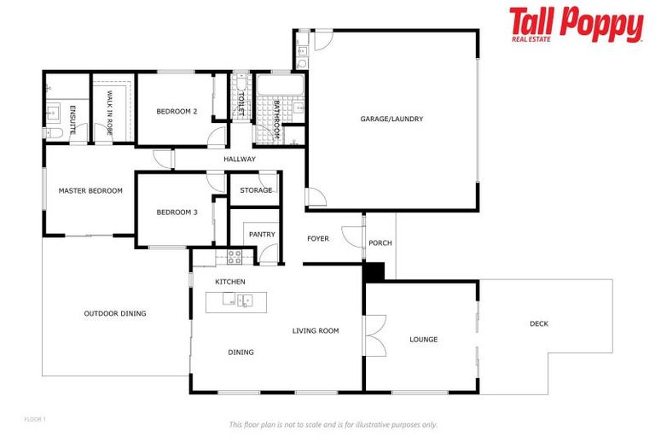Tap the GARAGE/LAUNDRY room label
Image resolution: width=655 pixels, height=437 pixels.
pos(391,119)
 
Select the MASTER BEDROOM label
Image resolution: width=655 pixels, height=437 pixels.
pos(90,190)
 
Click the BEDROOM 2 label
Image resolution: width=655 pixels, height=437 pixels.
pos(177,112)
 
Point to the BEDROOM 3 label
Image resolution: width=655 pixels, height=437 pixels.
pos(177,213)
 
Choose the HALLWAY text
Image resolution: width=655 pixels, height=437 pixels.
pos(240,160)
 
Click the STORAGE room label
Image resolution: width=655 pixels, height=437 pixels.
pos(256,190)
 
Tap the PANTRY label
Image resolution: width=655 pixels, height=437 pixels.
pos(261,234)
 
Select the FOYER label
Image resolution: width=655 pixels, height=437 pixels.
pos(318,239)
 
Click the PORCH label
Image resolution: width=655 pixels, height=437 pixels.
pos(380,243)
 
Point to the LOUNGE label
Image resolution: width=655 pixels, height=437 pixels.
pos(423,340)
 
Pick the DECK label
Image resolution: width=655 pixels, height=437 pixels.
pos(539,323)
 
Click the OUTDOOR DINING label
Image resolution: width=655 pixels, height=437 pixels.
pos(115,313)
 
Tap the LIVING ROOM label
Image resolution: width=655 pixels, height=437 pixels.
pos(316,330)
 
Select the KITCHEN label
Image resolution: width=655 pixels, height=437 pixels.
pos(230,282)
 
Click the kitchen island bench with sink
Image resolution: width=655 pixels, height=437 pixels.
pos(235,300)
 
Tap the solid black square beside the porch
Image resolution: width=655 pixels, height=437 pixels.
pos(374,271)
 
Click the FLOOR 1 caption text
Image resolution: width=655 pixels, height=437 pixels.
pos(34,419)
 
